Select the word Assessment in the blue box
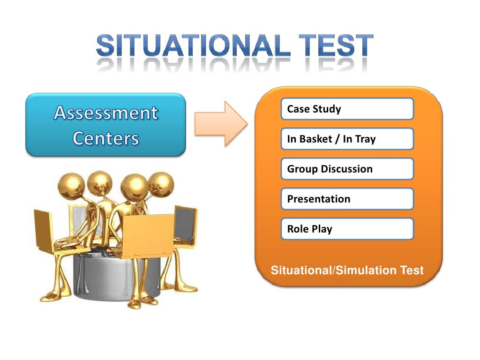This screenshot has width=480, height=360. [106, 113]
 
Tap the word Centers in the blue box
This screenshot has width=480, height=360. [106, 138]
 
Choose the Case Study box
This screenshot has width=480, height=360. [347, 109]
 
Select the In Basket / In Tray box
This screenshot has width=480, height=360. [347, 139]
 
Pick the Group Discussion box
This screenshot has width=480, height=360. [347, 169]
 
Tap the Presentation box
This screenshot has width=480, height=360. [347, 199]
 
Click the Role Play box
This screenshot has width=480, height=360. [347, 229]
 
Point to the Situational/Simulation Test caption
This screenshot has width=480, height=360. [347, 270]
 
